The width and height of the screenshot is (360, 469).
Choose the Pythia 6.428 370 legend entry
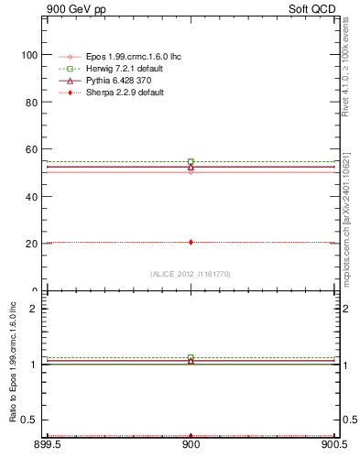pos(113,81)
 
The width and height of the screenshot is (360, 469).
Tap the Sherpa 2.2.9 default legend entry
pos(118,93)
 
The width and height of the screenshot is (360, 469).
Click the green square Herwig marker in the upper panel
pos(191,161)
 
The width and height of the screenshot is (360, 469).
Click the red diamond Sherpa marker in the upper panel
pos(191,242)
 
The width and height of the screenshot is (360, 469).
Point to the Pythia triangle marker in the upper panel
pos(191,167)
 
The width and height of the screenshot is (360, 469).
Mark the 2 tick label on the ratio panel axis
pos(34,310)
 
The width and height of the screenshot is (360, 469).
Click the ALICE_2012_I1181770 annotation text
pos(191,273)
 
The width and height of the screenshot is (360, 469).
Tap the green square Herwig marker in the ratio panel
pos(191,357)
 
